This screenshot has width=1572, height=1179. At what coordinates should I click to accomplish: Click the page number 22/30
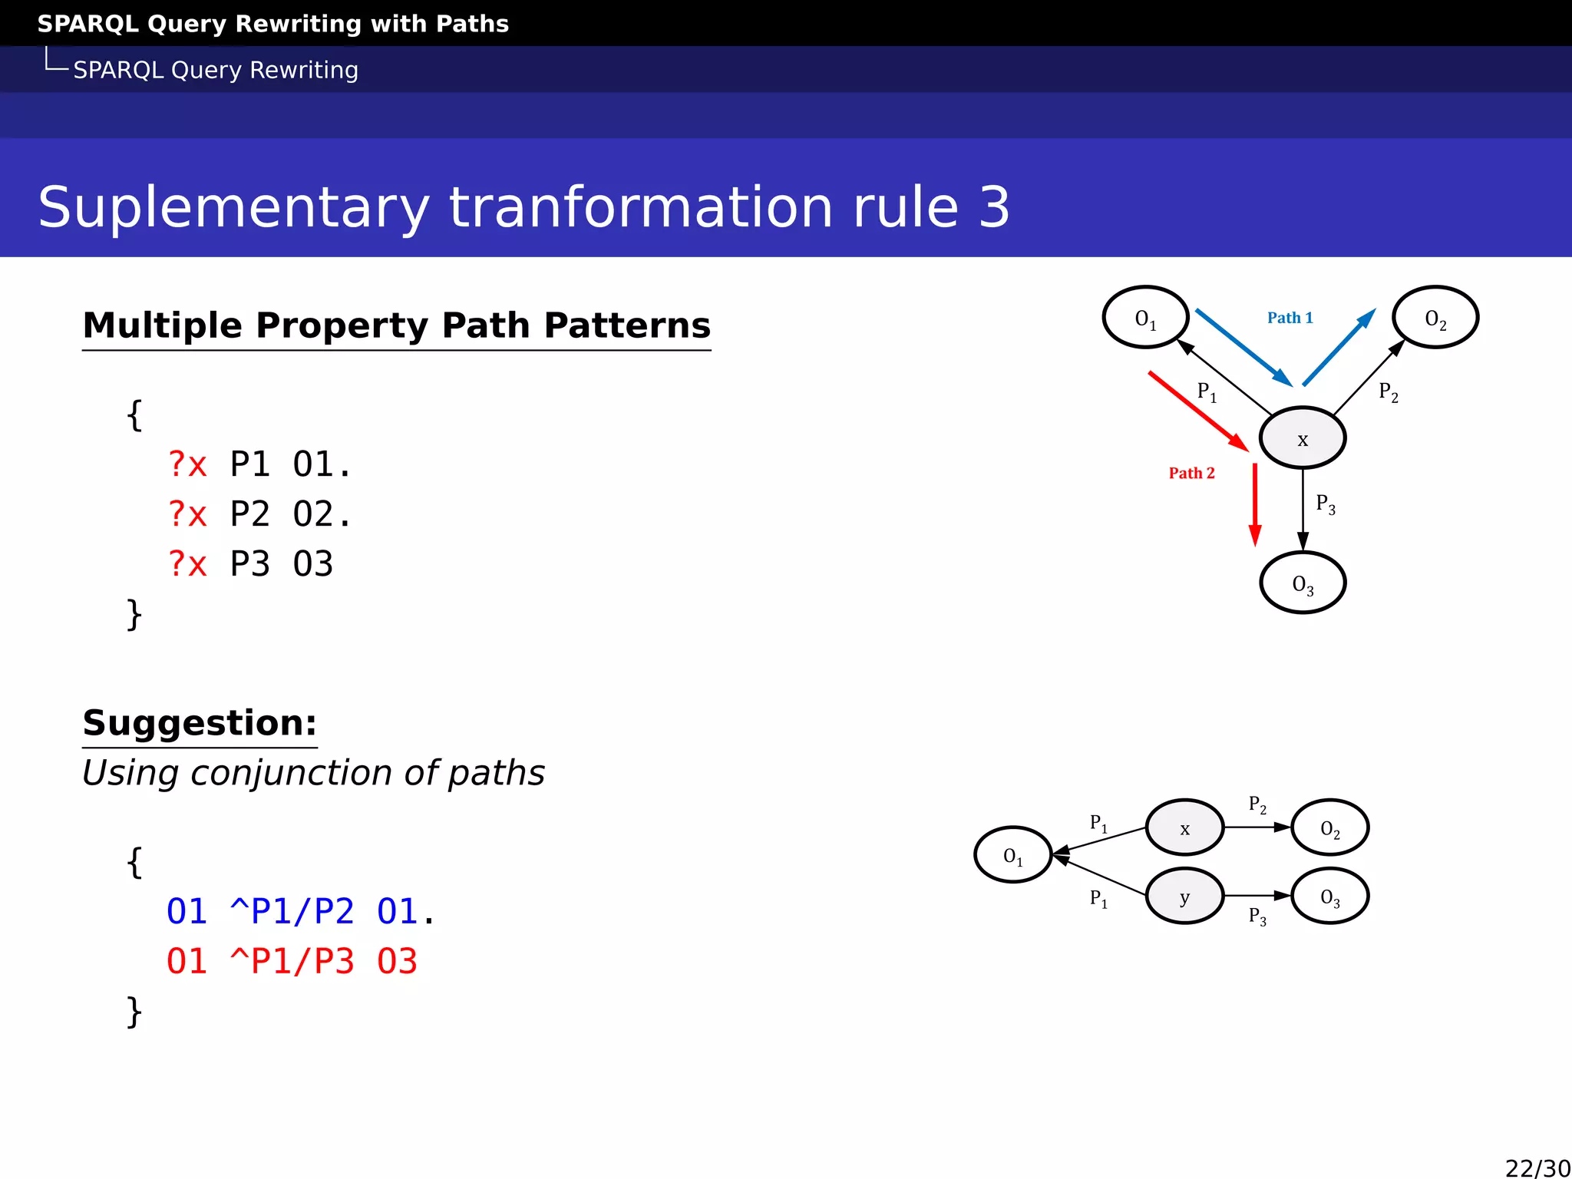coord(1537,1167)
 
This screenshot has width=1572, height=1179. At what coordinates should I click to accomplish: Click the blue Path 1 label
coord(1290,318)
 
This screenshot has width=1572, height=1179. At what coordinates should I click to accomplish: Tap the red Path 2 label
coord(1191,473)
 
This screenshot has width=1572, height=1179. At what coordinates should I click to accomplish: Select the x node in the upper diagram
coord(1302,438)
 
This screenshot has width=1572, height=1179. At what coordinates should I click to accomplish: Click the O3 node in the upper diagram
coord(1302,583)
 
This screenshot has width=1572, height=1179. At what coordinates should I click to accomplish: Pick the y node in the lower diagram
coord(1184,896)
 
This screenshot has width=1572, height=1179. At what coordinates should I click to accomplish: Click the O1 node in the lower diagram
coord(1012,855)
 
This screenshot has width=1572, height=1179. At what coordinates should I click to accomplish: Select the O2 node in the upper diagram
coord(1435,317)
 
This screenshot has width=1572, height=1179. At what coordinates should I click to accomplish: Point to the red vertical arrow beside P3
coord(1255,504)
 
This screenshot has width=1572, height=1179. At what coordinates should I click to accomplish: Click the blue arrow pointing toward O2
coord(1339,348)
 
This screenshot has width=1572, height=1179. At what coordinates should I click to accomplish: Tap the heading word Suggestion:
coord(200,723)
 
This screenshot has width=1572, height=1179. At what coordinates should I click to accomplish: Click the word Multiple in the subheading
coord(163,325)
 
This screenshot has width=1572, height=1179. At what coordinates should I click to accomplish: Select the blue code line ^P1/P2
coord(292,912)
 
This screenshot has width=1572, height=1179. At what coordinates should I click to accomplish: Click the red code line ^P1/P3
coord(292,962)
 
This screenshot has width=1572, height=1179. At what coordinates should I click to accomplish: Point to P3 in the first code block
coord(249,564)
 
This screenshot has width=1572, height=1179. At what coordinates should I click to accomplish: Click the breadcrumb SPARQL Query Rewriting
coord(216,70)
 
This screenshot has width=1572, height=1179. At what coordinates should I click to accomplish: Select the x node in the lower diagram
coord(1184,827)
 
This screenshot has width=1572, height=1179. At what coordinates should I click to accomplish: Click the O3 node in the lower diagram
coord(1329,896)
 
